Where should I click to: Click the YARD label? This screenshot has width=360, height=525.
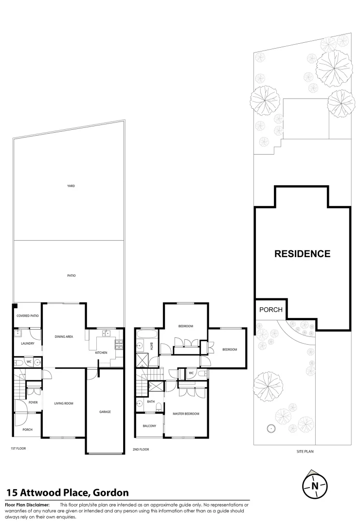click(71, 186)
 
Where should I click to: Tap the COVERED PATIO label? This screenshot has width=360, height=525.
click(27, 316)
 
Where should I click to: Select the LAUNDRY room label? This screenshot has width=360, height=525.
click(27, 343)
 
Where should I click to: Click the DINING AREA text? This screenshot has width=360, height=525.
click(64, 336)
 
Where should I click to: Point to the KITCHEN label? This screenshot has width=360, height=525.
click(101, 352)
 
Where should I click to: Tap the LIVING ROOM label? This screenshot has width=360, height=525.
click(64, 403)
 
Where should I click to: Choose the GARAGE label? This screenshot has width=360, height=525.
click(105, 412)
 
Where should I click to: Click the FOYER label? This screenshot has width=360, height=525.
click(33, 402)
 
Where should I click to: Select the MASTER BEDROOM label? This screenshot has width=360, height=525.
click(186, 414)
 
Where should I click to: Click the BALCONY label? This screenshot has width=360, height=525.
click(149, 426)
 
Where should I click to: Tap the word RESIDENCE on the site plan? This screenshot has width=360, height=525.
click(302, 254)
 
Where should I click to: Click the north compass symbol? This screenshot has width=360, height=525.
click(315, 485)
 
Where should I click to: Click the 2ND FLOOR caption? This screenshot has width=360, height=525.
click(141, 449)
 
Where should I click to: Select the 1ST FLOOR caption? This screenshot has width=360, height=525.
click(18, 448)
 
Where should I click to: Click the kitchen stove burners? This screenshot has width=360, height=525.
click(118, 345)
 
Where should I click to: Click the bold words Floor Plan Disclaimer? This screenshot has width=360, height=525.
click(27, 505)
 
